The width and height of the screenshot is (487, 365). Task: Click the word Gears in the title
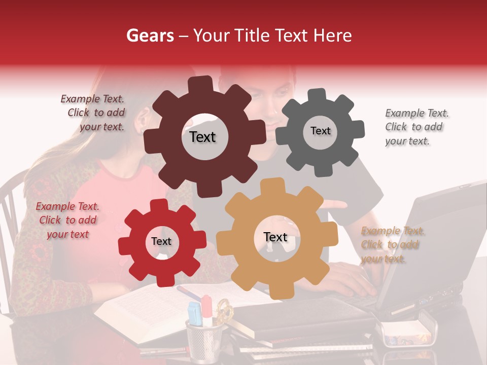(149, 35)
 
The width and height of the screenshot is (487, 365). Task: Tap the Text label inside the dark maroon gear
(202, 137)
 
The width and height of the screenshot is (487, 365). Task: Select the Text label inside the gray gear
(320, 131)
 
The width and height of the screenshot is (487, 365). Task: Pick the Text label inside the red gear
(161, 242)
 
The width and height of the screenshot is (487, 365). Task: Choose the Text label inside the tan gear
(275, 237)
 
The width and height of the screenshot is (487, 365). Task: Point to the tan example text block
(392, 245)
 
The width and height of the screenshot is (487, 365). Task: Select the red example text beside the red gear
(67, 220)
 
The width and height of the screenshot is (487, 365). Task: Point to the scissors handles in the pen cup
(224, 309)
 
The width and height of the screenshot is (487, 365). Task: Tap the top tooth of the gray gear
(317, 94)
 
